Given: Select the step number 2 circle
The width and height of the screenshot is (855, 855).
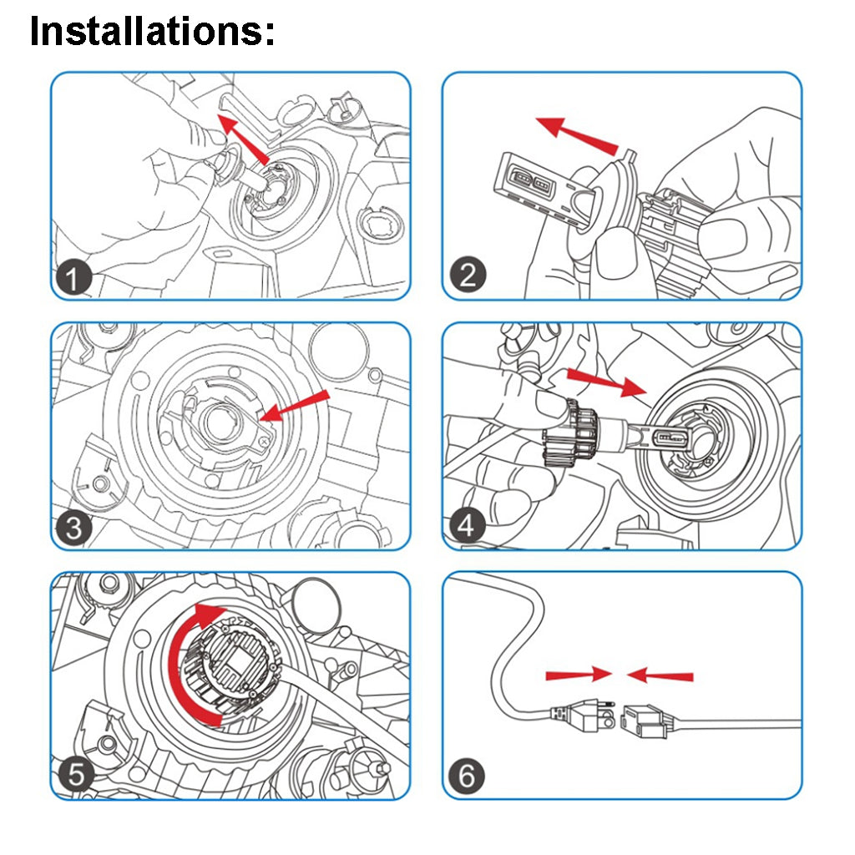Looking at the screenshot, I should (468, 275).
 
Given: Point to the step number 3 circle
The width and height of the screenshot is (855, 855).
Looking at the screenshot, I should (74, 528).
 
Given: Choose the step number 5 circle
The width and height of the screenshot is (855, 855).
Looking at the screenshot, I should (76, 776).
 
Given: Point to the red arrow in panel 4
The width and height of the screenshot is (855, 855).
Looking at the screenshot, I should (605, 381).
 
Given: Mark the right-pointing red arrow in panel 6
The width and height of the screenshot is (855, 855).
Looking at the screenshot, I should (574, 673).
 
